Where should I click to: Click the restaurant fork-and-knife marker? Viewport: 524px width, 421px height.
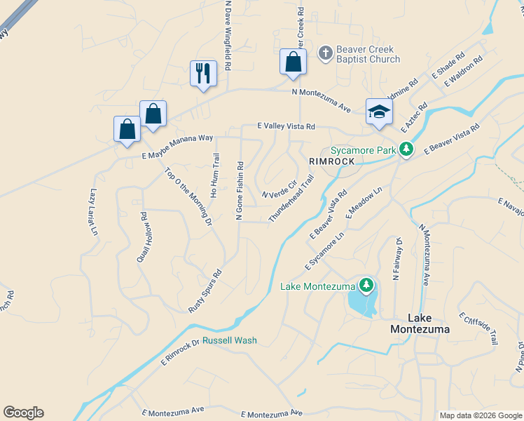(x=203, y=73)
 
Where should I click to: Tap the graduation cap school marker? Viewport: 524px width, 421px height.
(x=378, y=112)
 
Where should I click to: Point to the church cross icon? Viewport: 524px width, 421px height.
(x=325, y=53)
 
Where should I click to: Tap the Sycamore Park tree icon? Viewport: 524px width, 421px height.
(x=406, y=149)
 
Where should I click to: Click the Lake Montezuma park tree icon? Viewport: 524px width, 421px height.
(x=365, y=285)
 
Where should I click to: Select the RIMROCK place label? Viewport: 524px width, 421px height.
(x=328, y=161)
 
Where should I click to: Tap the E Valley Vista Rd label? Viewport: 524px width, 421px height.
(x=286, y=126)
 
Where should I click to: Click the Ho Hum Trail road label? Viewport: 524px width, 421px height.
(x=215, y=175)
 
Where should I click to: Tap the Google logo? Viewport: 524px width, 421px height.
(x=23, y=413)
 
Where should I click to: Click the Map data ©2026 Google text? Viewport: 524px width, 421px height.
(x=480, y=415)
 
